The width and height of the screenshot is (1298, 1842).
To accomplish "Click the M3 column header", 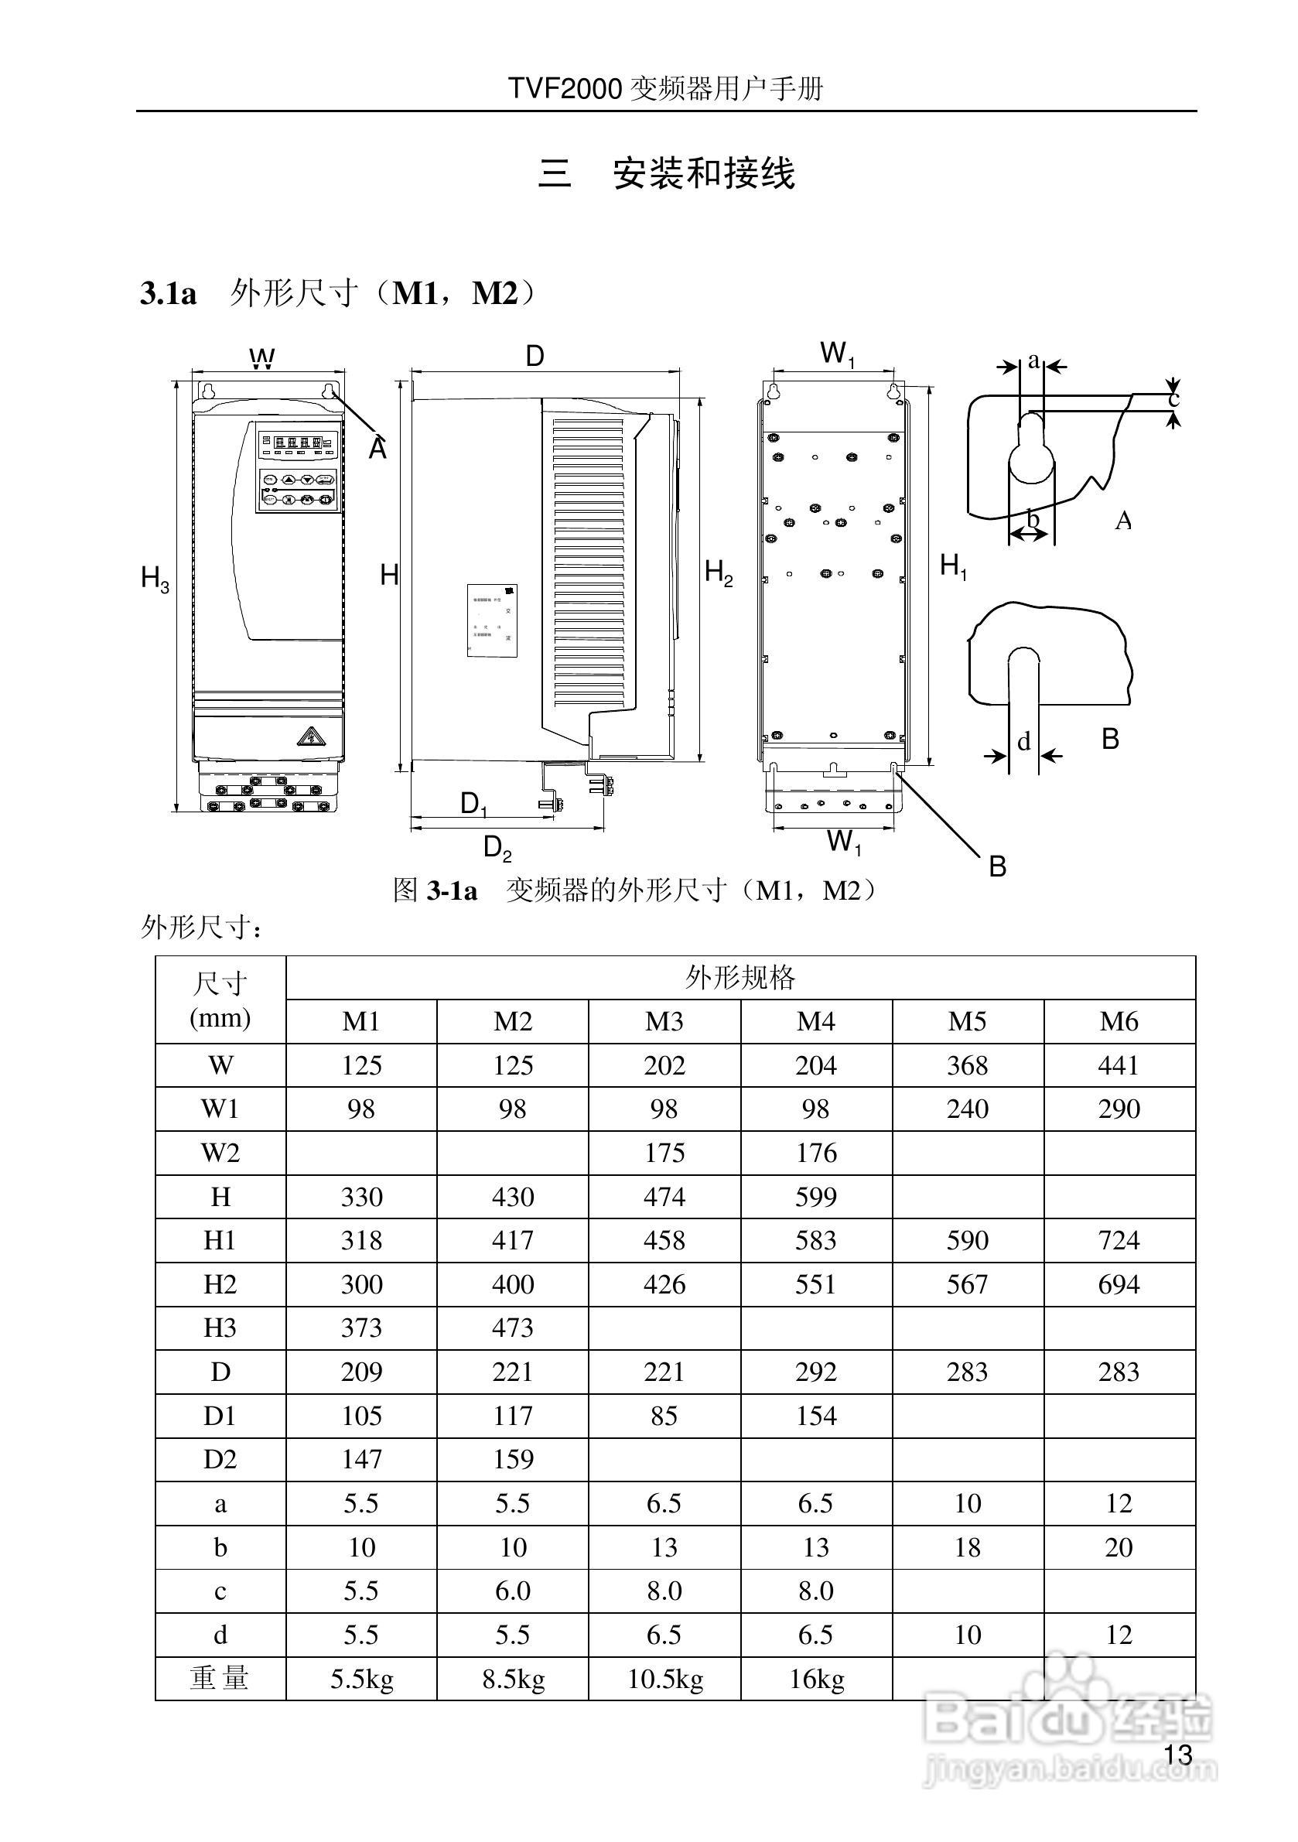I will tap(664, 1021).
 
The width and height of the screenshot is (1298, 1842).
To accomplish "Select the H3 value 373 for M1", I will tap(361, 1328).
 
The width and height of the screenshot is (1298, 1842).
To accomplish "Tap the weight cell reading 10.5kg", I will tap(664, 1679).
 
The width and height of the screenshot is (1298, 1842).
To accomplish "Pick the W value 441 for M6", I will tap(1119, 1065).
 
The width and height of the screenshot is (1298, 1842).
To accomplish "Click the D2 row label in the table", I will tap(220, 1459).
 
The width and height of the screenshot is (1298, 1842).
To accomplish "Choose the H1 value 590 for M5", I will tap(967, 1240).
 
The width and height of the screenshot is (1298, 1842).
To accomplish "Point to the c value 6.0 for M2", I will tap(513, 1591).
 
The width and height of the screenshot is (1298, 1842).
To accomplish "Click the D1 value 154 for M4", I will tap(816, 1416).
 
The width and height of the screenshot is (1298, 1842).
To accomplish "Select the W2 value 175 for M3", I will tap(664, 1153).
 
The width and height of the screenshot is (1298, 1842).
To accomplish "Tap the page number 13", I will tap(1177, 1755).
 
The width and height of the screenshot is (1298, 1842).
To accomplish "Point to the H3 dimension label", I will tap(155, 579).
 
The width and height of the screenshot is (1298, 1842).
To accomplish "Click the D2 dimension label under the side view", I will tap(497, 848).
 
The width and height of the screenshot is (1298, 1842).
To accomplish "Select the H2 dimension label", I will tap(719, 572).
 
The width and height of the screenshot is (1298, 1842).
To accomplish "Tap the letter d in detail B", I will tap(1023, 741).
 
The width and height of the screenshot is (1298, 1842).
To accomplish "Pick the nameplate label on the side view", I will tap(492, 620).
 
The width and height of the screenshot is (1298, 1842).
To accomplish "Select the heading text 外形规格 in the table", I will tap(740, 978).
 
